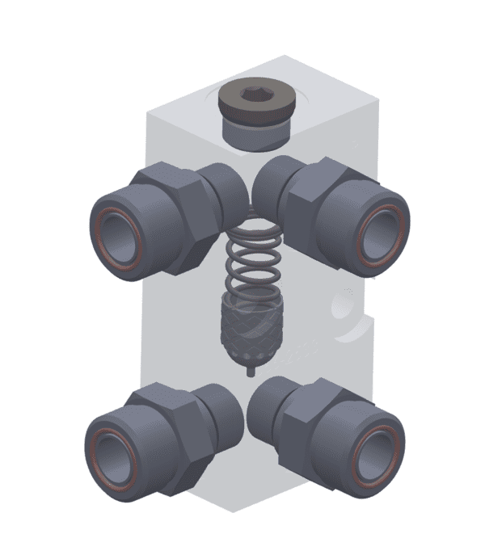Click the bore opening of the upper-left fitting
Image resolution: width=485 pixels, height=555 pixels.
click(x=119, y=243)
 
